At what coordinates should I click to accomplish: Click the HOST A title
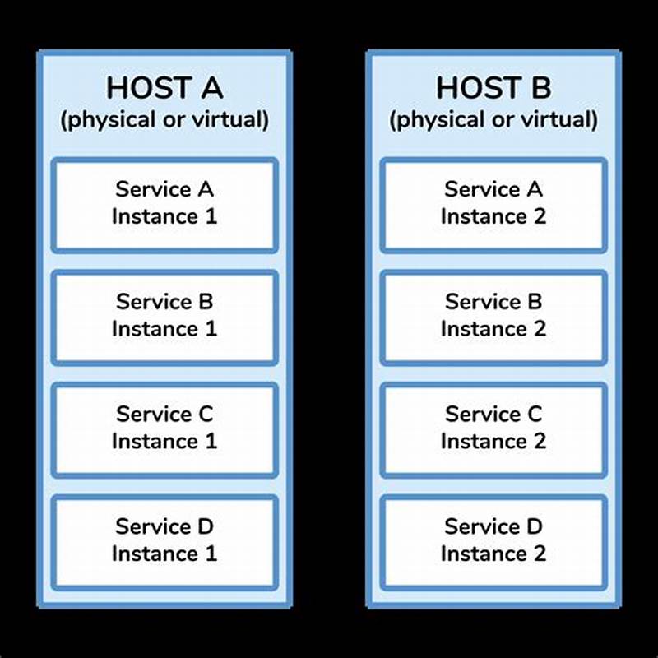tap(164, 87)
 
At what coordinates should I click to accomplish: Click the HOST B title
tap(493, 87)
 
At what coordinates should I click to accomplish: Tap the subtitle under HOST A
tap(164, 120)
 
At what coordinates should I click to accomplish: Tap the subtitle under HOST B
tap(493, 120)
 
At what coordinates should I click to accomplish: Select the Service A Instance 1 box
tap(164, 205)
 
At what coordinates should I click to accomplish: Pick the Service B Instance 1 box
tap(164, 317)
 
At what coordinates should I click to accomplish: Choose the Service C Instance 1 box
tap(164, 429)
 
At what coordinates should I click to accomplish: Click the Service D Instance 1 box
tap(164, 541)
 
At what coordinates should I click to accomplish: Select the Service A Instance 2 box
tap(493, 205)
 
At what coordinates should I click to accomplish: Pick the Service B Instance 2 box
tap(493, 317)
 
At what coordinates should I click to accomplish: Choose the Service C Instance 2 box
tap(493, 429)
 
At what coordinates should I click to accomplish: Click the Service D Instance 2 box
tap(493, 541)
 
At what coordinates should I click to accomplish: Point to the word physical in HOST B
tap(433, 121)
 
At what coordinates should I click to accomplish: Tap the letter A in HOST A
tap(209, 87)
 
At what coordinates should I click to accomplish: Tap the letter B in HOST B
tap(538, 87)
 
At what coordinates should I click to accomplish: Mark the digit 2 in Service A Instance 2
tap(540, 218)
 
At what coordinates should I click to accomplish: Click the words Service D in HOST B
tap(493, 526)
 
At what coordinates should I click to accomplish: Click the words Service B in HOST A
tap(164, 302)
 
